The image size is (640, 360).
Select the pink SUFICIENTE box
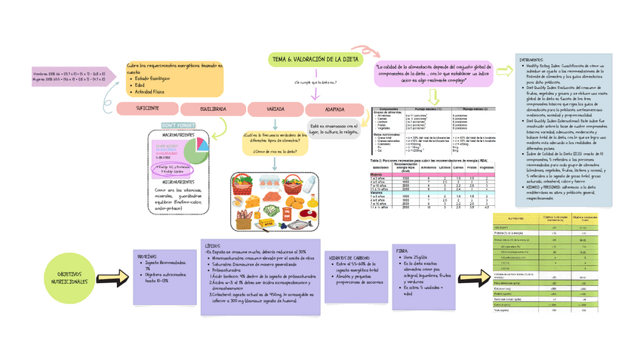(x=147, y=109)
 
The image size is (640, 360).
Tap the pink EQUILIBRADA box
(x=213, y=109)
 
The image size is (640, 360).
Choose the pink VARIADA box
(x=275, y=109)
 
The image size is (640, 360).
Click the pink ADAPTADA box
(x=334, y=109)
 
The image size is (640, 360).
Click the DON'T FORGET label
(x=178, y=125)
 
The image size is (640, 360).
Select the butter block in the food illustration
(x=266, y=223)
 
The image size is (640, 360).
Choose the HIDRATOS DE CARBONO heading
(x=349, y=257)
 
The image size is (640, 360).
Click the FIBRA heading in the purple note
(x=402, y=251)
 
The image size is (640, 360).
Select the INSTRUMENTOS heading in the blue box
(x=533, y=60)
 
